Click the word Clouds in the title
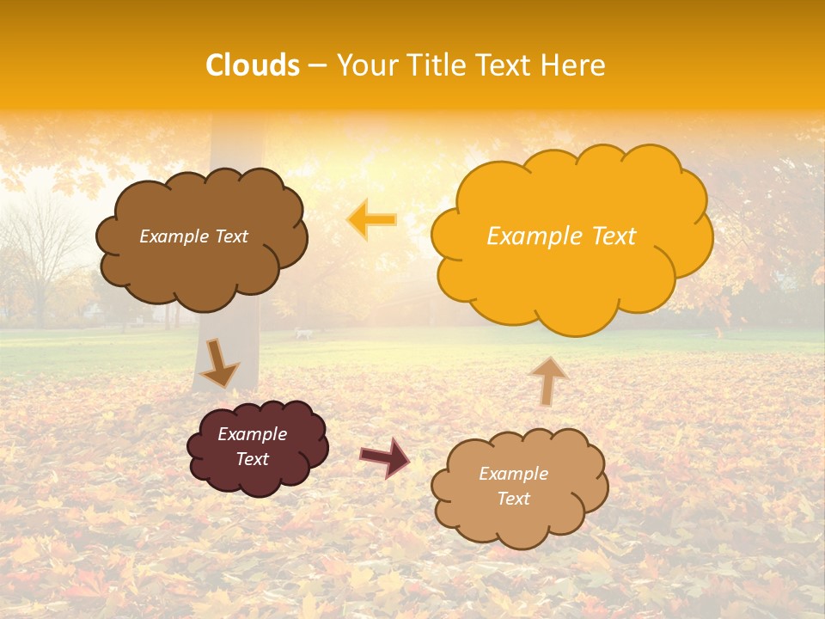click(253, 65)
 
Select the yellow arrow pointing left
click(372, 219)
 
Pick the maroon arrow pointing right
click(385, 457)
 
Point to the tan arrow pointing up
click(548, 380)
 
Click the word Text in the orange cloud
click(614, 236)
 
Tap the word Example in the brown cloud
click(174, 236)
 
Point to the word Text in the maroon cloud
click(253, 459)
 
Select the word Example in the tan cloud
click(513, 474)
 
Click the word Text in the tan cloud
click(513, 499)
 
